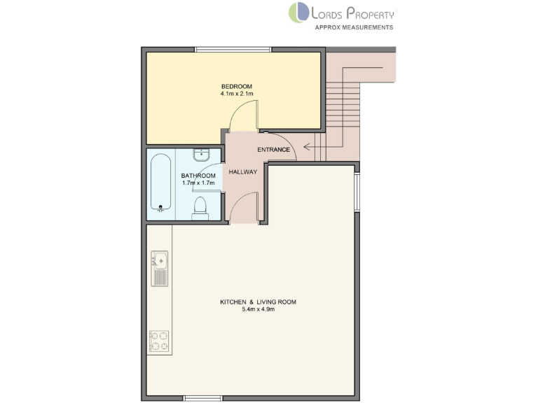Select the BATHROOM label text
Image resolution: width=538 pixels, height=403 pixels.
(x=197, y=176)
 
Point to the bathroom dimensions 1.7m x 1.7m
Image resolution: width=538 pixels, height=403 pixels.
(x=197, y=183)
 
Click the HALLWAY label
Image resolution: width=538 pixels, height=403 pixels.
(x=243, y=171)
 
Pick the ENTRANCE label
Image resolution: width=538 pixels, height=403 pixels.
(x=273, y=150)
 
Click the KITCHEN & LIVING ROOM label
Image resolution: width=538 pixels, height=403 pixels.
(x=258, y=302)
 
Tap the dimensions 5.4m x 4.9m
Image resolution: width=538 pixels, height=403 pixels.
(x=258, y=309)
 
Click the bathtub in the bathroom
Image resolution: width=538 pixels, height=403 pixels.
(x=160, y=182)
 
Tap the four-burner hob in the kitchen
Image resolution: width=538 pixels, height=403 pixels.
(x=159, y=341)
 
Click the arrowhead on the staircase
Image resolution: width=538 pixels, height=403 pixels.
(x=299, y=148)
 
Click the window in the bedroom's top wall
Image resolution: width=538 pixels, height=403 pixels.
(x=233, y=49)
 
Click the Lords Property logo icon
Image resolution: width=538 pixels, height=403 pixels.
(x=298, y=13)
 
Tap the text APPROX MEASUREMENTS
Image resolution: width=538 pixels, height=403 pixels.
(x=354, y=27)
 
